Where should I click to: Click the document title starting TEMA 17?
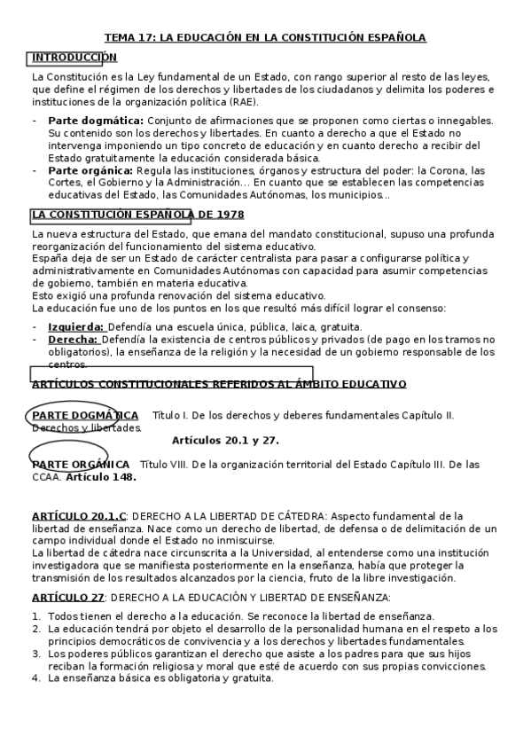265,37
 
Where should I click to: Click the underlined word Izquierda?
75,327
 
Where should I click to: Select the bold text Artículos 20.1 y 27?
225,440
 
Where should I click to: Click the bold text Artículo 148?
101,477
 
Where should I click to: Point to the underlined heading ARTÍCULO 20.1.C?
80,515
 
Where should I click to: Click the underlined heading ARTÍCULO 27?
67,597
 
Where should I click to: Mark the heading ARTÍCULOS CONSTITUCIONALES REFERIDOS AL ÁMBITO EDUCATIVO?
218,384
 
